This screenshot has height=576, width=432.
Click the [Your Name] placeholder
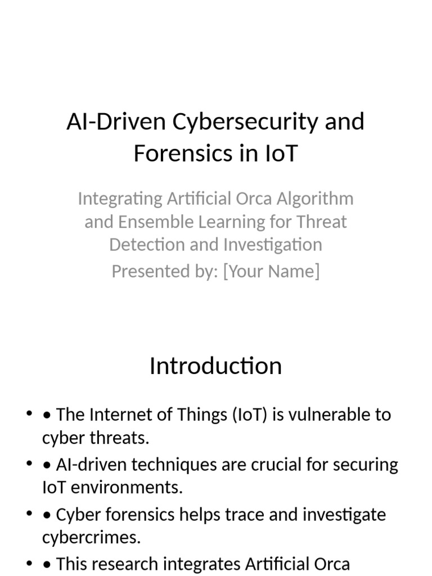[x=271, y=271]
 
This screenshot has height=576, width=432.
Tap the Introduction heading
[x=215, y=366]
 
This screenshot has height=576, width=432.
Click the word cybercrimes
[x=91, y=538]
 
